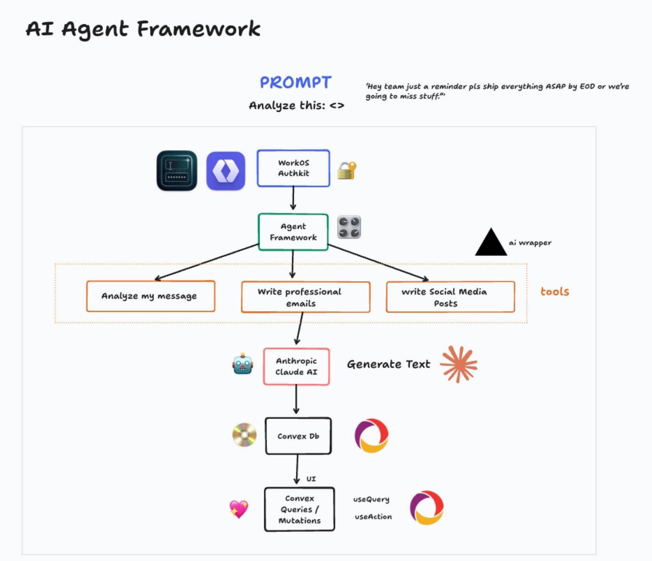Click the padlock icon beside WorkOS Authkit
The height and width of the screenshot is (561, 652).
coord(347,170)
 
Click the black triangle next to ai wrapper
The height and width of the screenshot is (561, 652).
coord(491,242)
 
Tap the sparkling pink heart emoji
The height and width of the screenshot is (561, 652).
coord(239,509)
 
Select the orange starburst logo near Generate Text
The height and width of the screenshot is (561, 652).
coord(459,364)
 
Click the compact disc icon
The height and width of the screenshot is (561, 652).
coord(244,435)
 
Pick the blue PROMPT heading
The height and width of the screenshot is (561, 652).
coord(295,83)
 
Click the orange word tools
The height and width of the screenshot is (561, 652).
coord(555,291)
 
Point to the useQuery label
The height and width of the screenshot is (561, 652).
coord(371,499)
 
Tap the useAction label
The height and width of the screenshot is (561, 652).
coord(373,517)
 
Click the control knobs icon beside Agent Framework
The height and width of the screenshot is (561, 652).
coord(349,227)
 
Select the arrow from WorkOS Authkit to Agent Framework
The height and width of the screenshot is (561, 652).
coord(293,198)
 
